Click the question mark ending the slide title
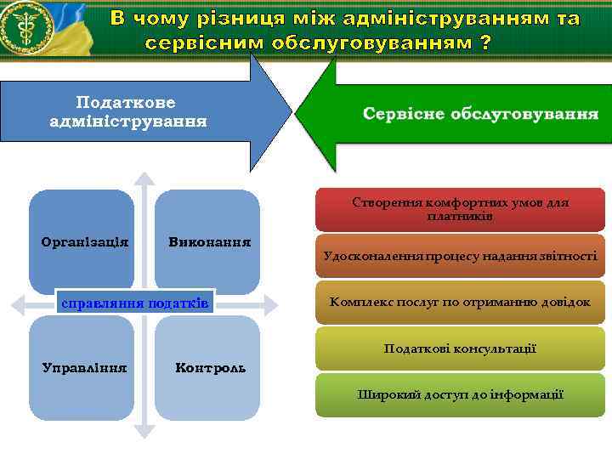coord(485,42)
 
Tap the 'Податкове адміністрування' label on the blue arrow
coord(127,111)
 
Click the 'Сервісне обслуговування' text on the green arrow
coord(480,114)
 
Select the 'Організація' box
coord(82,241)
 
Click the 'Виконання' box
coord(207,241)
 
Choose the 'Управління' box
coord(82,367)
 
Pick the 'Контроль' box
coord(207,367)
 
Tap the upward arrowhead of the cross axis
coord(145,179)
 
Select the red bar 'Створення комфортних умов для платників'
coord(460,210)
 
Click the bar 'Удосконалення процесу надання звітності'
coord(460,256)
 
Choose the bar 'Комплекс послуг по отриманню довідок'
coord(460,302)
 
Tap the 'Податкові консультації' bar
coord(460,348)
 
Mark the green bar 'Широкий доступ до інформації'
coord(460,394)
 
